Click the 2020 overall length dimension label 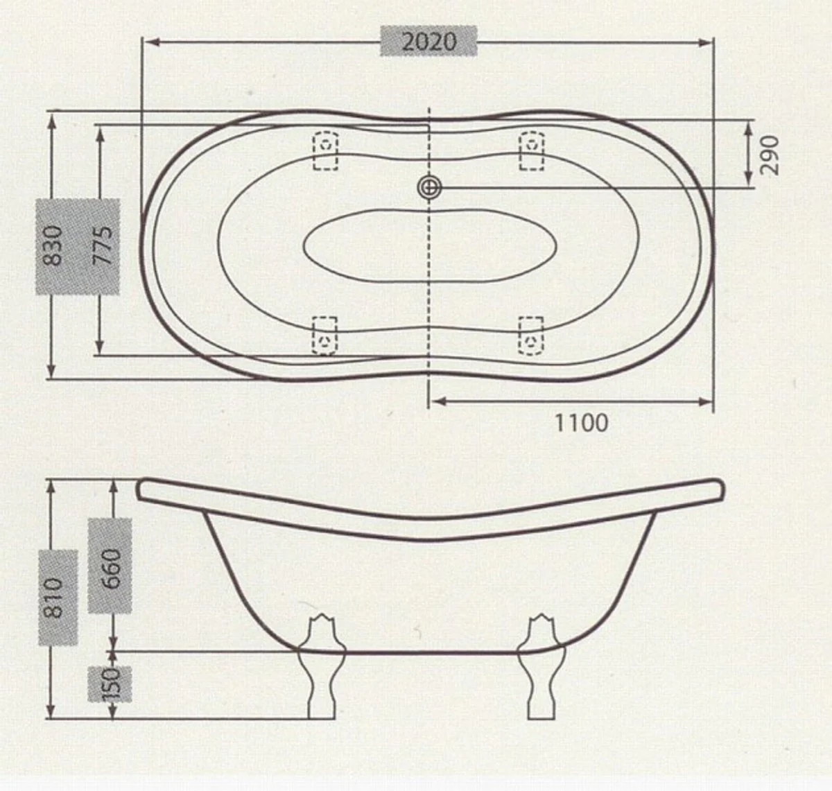pos(429,42)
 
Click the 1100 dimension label pos(581,421)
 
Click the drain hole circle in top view pos(429,186)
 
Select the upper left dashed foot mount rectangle pos(325,150)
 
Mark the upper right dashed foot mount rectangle pos(532,150)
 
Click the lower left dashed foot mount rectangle pos(324,336)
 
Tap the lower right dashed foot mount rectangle pos(532,336)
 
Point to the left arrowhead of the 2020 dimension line pos(148,42)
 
